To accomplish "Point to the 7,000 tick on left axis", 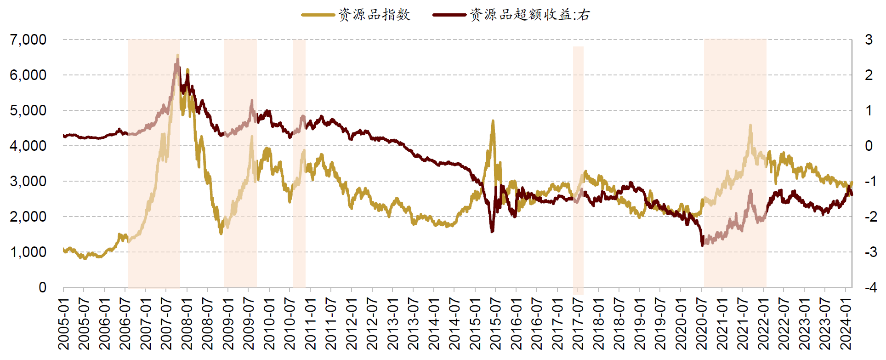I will coord(28,40).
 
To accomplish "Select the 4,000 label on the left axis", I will coord(28,146).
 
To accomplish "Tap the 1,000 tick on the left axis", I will coord(28,252).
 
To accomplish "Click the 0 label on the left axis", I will coord(42,287).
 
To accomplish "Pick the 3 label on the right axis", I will coord(869,40).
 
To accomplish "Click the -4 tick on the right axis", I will coord(870,287).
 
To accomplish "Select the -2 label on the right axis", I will coord(870,217).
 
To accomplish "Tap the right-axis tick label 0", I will coord(869,146).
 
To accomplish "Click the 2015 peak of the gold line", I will coord(493,121).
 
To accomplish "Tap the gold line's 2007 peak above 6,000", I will coord(178,56).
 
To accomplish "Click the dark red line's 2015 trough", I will coord(492,231).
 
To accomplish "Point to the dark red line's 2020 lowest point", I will coord(702,245).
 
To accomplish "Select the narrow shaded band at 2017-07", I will coord(578,170).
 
